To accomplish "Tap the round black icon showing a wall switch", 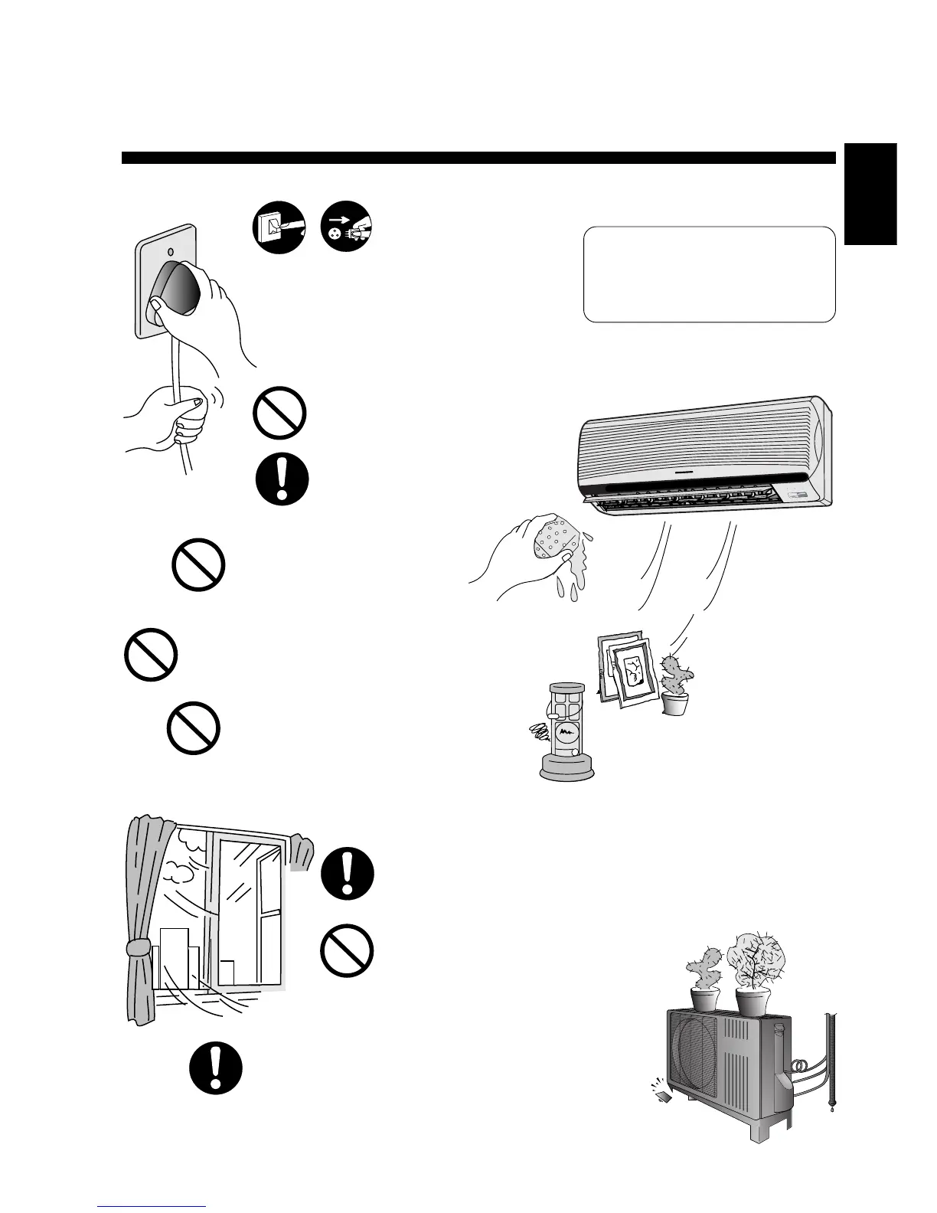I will (x=279, y=227).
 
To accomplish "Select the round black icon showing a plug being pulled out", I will (x=347, y=227).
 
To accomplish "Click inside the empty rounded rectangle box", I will (x=709, y=273).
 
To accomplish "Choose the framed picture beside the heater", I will (x=628, y=666).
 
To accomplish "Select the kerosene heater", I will (x=567, y=731).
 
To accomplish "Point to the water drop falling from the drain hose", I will (x=835, y=1107).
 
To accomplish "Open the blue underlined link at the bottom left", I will (x=152, y=1206).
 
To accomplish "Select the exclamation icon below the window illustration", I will (x=216, y=1069).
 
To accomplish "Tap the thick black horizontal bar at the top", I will (x=478, y=158).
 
